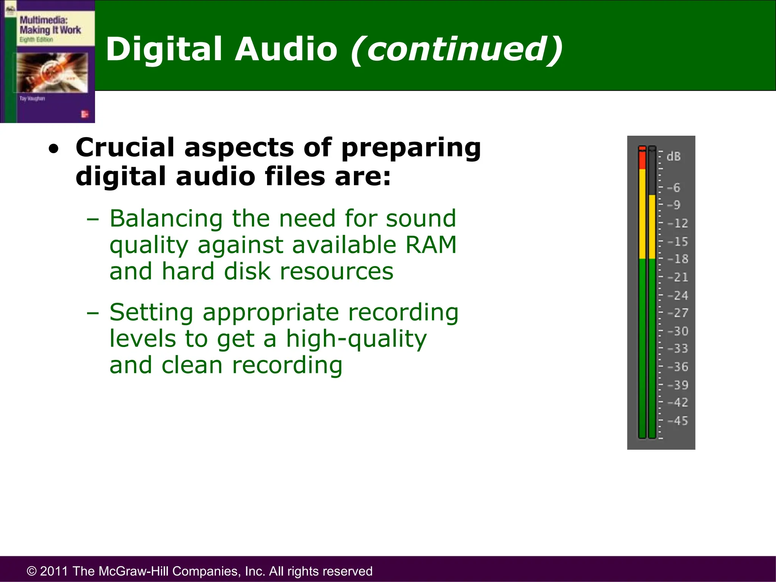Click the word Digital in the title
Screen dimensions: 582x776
[x=163, y=49]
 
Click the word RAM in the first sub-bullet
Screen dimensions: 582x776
[x=431, y=245]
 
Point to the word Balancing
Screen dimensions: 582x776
[x=166, y=219]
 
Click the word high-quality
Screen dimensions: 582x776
[x=356, y=339]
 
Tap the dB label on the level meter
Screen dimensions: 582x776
[x=673, y=156]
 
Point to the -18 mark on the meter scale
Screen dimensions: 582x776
[x=677, y=259]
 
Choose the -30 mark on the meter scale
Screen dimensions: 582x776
[x=677, y=331]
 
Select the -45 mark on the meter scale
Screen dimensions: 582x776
[x=677, y=421]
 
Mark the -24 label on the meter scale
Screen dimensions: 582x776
[x=677, y=295]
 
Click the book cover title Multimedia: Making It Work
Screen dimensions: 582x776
[x=50, y=25]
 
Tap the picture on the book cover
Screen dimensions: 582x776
[x=52, y=72]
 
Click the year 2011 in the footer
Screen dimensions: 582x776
[x=55, y=571]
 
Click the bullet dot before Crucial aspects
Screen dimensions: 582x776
[x=54, y=149]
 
